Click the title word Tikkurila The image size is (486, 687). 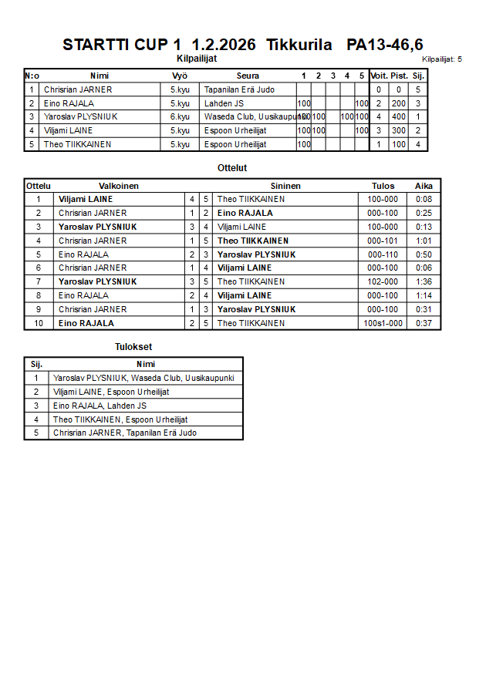point(299,45)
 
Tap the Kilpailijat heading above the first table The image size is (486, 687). point(196,58)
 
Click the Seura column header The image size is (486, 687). point(248,76)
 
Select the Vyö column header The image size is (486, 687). point(180,76)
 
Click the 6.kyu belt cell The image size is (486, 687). point(180,117)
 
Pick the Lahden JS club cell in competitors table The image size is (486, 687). point(226,103)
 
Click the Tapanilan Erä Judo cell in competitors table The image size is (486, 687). point(239,89)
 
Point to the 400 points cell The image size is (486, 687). point(398,117)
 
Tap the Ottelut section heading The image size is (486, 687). point(232,167)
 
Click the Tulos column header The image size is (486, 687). point(383,186)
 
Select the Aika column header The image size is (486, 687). point(424,186)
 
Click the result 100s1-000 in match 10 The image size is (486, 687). point(383,323)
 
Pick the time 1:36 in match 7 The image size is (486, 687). point(424,282)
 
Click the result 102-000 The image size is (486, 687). point(383,282)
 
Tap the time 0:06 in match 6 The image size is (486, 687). point(424,268)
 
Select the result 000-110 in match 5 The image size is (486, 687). point(383,254)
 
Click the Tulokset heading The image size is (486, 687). point(133,347)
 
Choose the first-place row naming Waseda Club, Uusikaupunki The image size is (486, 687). point(143,378)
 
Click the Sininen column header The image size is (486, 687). point(285,186)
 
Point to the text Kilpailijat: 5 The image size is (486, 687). point(442,59)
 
